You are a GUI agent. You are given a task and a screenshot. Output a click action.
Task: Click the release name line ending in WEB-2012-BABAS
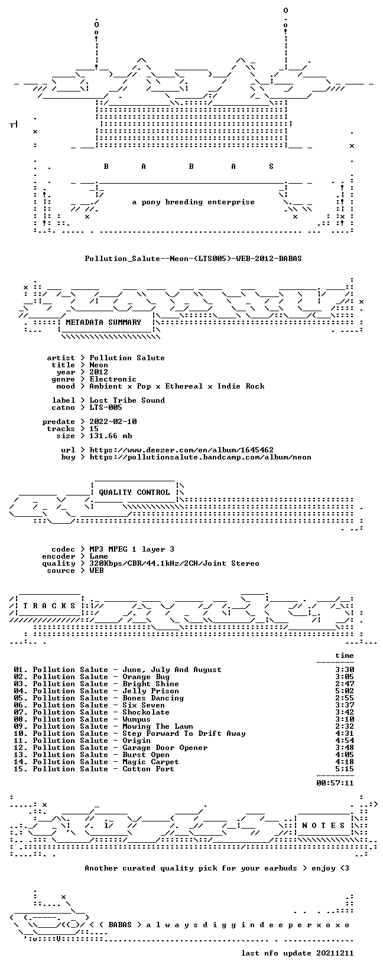pos(193,259)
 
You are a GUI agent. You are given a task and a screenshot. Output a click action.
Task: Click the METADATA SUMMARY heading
pos(103,322)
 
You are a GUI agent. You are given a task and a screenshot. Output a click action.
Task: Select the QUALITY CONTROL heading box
pos(134,492)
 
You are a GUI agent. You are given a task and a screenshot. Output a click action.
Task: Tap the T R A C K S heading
pos(49,605)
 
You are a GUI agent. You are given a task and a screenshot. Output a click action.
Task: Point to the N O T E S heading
pos(324,825)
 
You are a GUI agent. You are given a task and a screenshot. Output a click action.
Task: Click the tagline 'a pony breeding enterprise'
pos(193,202)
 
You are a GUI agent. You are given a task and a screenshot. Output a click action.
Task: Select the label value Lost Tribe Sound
pos(127,400)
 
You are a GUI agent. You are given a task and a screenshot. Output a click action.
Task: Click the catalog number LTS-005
pos(106,407)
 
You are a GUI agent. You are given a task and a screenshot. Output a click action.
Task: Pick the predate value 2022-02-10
pos(113,421)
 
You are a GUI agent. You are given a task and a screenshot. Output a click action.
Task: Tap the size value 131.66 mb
pos(111,436)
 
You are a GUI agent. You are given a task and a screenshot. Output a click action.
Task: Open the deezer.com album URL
pos(181,449)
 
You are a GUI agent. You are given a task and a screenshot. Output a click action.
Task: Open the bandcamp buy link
pos(200,457)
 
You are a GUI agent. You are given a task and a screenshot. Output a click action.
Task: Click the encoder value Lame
pos(99,556)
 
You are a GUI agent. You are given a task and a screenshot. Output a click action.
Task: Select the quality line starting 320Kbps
pos(174,563)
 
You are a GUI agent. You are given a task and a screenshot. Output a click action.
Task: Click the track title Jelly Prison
pos(151,691)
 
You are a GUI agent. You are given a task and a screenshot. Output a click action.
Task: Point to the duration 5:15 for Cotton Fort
pos(345,769)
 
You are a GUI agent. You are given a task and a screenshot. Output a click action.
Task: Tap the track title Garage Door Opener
pos(165,748)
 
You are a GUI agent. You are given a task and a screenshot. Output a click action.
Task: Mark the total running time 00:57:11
pos(335,783)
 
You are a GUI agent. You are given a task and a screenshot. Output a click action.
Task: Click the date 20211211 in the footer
pos(335,953)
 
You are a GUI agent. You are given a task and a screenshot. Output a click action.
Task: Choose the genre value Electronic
pos(113,379)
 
